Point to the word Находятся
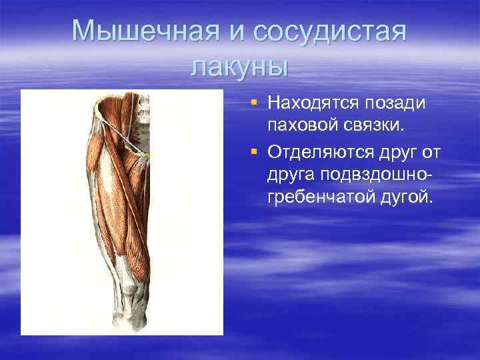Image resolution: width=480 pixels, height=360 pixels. pyautogui.click(x=313, y=104)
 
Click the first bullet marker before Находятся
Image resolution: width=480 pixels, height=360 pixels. pyautogui.click(x=255, y=103)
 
